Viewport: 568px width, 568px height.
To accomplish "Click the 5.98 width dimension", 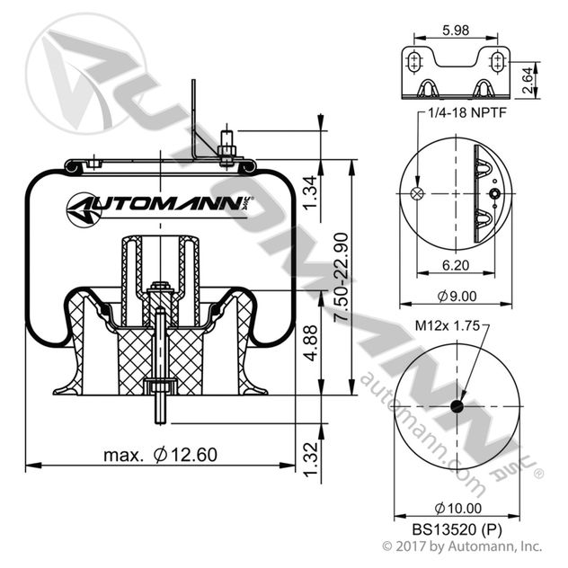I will [455, 30].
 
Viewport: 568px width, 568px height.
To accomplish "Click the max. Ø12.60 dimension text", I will [160, 455].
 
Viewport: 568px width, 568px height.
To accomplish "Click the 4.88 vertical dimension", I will [308, 344].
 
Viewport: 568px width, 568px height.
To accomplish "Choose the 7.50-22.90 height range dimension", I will [340, 279].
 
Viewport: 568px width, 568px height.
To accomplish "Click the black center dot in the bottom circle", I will [456, 407].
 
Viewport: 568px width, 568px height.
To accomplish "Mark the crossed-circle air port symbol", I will [415, 193].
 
